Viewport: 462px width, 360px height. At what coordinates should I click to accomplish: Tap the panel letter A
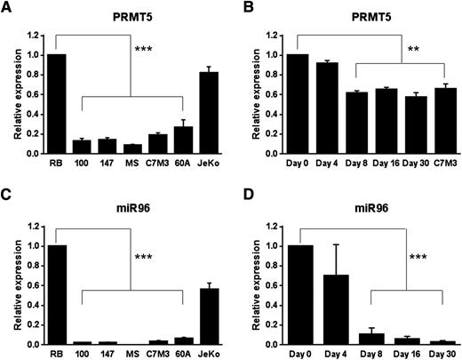pyautogui.click(x=6, y=8)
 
